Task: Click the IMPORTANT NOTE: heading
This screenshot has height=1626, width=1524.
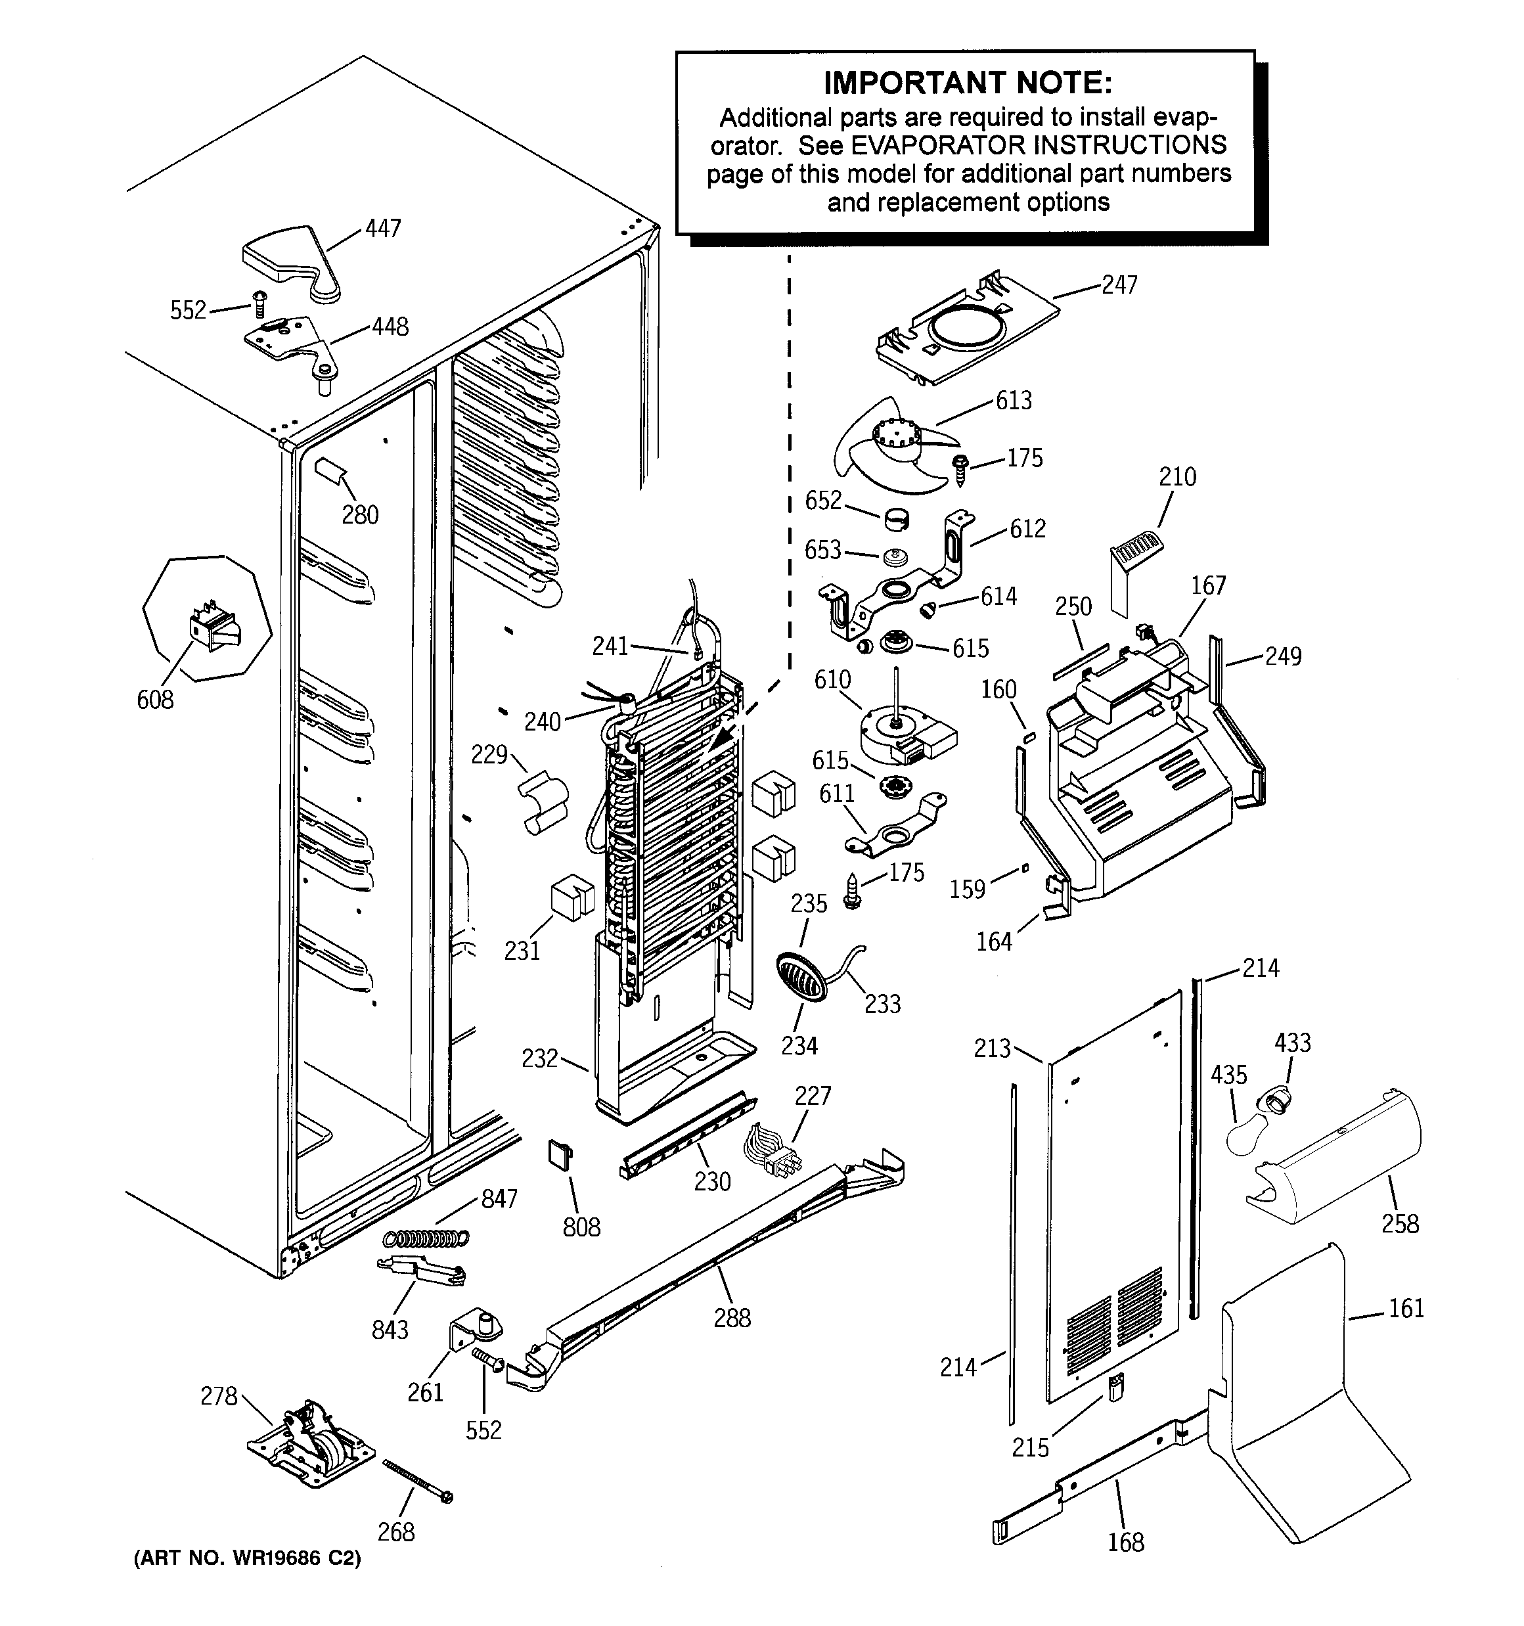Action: (x=967, y=83)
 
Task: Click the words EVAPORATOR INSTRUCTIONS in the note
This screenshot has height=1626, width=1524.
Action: (x=1038, y=146)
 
